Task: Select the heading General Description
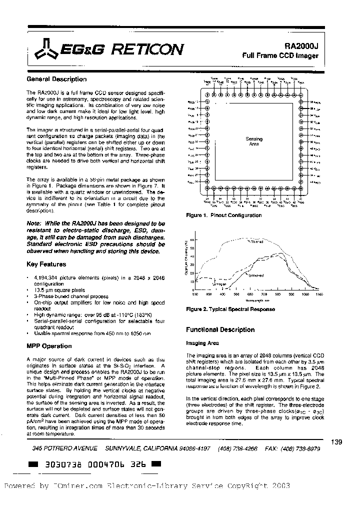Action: click(x=56, y=79)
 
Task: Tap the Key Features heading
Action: click(x=45, y=264)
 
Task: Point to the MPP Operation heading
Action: click(x=48, y=346)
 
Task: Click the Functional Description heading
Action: click(x=220, y=329)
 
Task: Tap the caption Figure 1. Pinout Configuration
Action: click(x=223, y=215)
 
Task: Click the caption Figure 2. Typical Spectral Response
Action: click(x=230, y=309)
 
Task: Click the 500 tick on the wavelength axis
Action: click(x=236, y=295)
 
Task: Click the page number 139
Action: click(x=336, y=441)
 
